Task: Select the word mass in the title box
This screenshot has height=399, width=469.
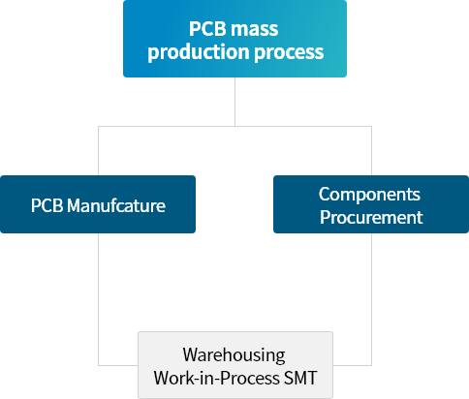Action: click(x=254, y=29)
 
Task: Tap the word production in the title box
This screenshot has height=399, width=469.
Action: click(x=199, y=52)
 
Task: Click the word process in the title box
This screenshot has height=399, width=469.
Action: click(x=289, y=53)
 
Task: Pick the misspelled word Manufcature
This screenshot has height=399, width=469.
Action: click(x=116, y=205)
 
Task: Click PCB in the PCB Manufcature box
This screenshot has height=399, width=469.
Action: click(x=47, y=205)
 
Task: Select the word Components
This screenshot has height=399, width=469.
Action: click(x=369, y=195)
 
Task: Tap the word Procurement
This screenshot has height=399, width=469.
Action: click(x=371, y=217)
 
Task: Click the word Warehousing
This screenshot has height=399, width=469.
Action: click(x=234, y=355)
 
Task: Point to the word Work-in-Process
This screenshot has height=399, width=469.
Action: click(x=216, y=378)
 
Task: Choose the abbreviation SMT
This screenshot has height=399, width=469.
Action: click(x=300, y=378)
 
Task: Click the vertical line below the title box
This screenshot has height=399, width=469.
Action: click(x=234, y=102)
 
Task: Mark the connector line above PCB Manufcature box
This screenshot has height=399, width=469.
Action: click(x=98, y=151)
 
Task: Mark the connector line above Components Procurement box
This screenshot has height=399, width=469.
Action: click(x=371, y=151)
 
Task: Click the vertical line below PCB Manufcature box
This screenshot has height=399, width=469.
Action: click(x=98, y=299)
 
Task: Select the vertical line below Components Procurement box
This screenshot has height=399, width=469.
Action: click(x=371, y=299)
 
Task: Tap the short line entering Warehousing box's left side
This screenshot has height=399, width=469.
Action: click(x=118, y=365)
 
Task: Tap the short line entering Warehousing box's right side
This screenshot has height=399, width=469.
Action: click(x=352, y=365)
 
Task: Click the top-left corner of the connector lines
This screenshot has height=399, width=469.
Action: click(x=98, y=126)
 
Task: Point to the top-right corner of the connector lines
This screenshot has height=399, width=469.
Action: click(x=371, y=126)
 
